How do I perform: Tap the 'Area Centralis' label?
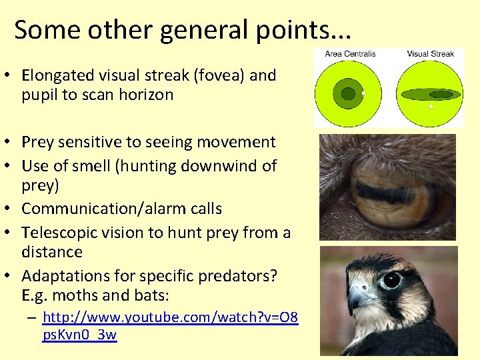coord(350,54)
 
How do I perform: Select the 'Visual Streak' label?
coord(430,54)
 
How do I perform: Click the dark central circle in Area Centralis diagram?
coord(348,94)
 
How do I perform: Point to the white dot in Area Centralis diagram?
coord(363,93)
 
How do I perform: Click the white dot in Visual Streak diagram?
coord(431,107)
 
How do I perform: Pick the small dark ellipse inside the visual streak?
coord(441,94)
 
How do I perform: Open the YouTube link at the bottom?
coord(170,326)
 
